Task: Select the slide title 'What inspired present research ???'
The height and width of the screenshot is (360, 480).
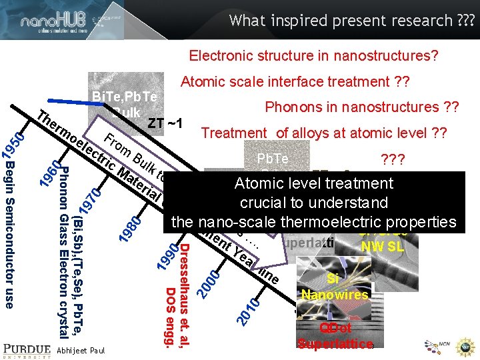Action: point(352,21)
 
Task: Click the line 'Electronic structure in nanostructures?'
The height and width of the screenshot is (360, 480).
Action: point(313,55)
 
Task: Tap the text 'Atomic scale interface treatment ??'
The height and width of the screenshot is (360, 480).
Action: point(295,82)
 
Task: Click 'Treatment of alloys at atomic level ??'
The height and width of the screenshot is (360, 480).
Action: point(324,133)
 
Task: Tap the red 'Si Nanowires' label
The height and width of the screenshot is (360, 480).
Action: point(334,287)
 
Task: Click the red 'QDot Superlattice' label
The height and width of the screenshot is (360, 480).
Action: point(335,336)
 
